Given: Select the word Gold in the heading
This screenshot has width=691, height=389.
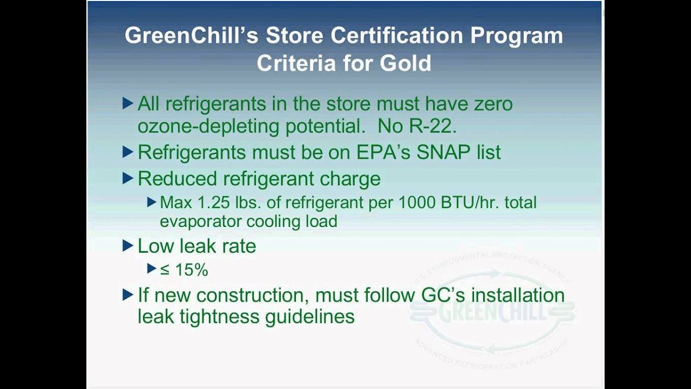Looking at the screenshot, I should [405, 63].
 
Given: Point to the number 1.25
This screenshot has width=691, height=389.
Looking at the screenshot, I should [209, 203].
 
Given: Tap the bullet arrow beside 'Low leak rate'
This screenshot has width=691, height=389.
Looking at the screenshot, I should [128, 246].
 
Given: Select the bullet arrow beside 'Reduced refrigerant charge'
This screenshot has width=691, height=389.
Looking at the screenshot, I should [128, 178].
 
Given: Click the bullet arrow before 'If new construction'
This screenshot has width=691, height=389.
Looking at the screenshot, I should [128, 295].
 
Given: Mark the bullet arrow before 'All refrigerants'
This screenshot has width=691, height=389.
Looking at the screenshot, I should [128, 103].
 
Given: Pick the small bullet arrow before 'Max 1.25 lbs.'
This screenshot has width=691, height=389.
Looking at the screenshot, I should [152, 203].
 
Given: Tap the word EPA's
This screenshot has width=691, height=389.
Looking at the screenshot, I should [383, 152].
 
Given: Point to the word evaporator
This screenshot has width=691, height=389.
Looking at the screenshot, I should [201, 222].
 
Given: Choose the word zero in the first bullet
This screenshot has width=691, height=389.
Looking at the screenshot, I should [490, 103].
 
